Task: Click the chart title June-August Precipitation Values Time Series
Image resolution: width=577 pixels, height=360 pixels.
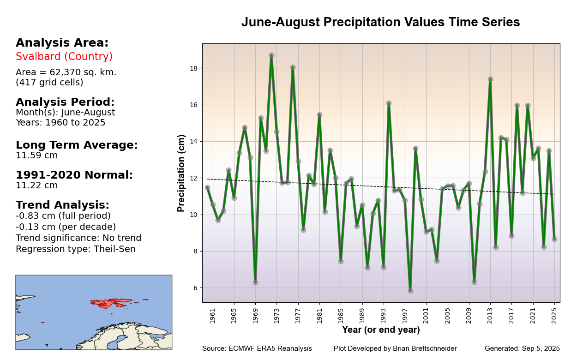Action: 380,22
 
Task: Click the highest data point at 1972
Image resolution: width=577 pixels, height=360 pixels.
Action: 271,55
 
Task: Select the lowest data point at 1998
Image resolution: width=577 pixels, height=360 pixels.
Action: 410,291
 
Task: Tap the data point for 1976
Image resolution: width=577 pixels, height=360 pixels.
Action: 293,67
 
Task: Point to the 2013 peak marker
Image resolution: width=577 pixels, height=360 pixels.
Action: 490,79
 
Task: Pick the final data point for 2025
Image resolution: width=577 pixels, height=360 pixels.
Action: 554,239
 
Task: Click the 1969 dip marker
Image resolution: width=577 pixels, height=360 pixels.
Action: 255,282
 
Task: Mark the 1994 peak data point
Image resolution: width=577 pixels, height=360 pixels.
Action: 389,103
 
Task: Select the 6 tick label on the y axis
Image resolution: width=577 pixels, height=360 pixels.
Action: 195,288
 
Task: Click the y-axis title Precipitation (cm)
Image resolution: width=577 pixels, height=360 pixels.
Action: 181,173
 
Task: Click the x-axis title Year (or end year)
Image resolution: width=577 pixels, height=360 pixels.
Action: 381,330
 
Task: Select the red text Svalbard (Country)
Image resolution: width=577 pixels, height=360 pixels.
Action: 64,57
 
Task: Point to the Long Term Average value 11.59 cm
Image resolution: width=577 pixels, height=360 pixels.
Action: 37,156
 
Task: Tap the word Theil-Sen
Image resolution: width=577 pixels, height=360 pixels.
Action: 115,249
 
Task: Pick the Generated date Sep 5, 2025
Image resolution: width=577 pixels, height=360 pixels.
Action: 541,349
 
